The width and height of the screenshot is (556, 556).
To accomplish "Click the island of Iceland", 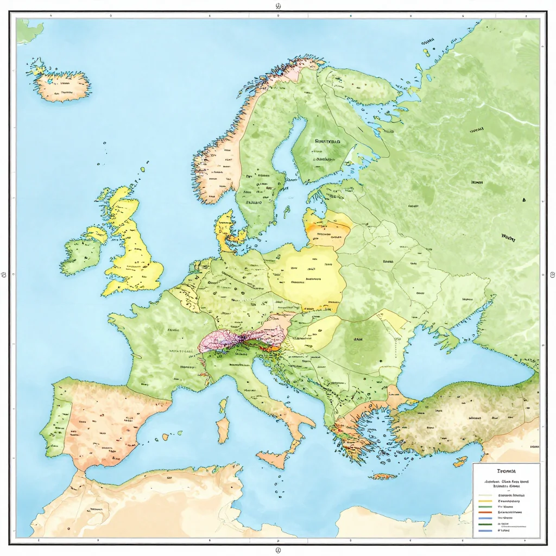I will tap(63, 86).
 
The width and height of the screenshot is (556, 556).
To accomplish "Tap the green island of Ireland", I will tap(81, 255).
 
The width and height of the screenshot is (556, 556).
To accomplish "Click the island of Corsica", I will tap(223, 405).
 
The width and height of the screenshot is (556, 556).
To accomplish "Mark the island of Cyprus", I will tap(460, 462).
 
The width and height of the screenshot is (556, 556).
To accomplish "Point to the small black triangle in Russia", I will tap(524, 200).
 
